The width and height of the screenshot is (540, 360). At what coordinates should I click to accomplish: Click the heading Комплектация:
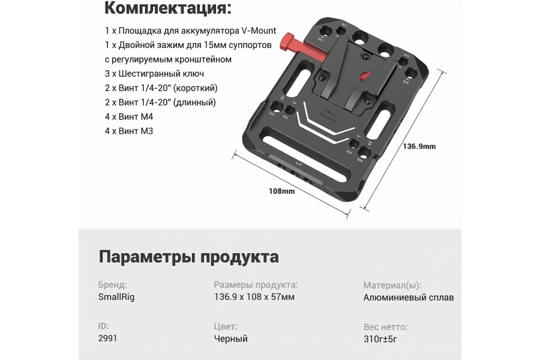[x=167, y=9]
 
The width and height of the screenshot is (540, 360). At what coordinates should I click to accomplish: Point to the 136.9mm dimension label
[x=419, y=146]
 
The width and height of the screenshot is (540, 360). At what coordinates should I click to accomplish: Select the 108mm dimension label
[x=281, y=191]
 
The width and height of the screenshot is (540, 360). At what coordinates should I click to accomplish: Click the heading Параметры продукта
[x=188, y=257]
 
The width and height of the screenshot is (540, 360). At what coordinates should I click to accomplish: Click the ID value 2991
[x=107, y=338]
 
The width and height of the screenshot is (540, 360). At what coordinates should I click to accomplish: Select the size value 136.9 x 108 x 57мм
[x=254, y=297]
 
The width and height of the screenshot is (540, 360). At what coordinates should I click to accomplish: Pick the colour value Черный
[x=231, y=338]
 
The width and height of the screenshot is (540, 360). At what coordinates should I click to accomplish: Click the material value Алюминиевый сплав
[x=409, y=297]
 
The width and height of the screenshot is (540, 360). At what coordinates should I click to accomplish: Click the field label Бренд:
[x=112, y=285]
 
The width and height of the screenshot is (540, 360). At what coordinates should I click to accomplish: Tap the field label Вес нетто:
[x=386, y=327]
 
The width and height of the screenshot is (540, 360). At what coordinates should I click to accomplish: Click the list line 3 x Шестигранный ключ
[x=154, y=74]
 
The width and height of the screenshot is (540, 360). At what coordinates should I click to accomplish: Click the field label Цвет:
[x=226, y=327]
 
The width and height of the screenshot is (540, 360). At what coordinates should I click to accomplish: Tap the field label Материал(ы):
[x=392, y=285]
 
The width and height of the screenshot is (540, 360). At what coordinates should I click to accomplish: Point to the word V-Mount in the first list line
[x=257, y=31]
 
